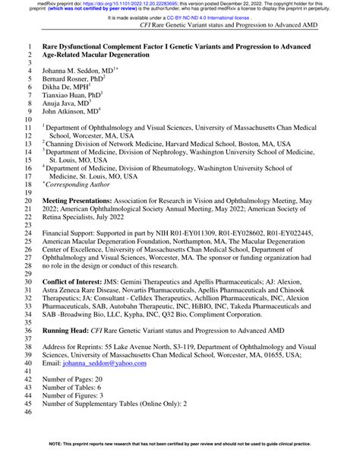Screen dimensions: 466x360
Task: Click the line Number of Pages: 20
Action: (80, 378)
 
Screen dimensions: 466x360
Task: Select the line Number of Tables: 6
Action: (78, 386)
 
